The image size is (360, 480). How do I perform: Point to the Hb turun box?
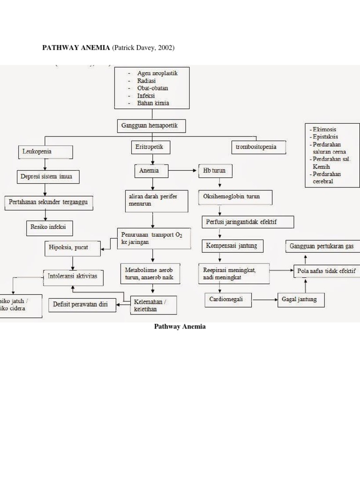coord(215,171)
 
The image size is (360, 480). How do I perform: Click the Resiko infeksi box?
coord(49,228)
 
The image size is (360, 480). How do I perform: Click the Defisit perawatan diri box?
coord(82,305)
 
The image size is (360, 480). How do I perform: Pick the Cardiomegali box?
coord(228,299)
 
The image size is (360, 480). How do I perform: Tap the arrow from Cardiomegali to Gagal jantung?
coord(264,299)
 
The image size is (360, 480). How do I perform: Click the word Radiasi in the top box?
coord(146,81)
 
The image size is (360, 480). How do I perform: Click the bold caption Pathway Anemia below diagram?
coord(180,327)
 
